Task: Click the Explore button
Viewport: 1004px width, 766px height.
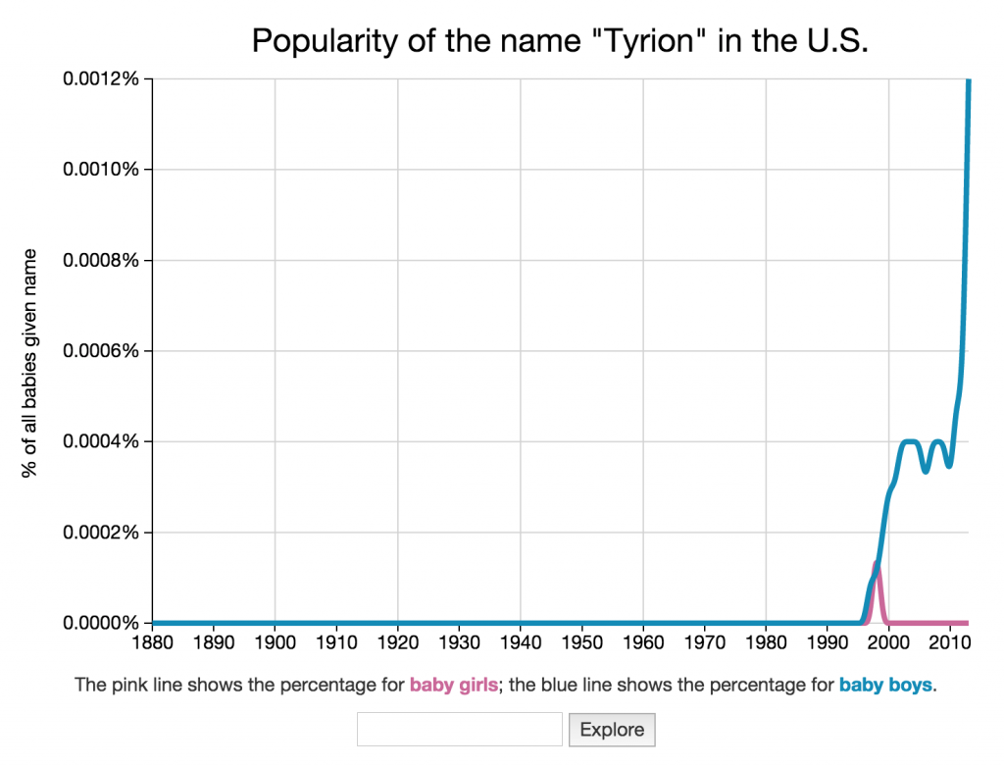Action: pos(612,730)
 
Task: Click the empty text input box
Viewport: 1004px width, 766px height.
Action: pos(460,730)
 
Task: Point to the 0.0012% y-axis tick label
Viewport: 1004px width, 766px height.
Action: pos(101,78)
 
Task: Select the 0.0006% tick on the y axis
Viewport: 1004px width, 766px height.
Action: pos(101,351)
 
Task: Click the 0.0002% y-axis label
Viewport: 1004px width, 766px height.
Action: pos(101,533)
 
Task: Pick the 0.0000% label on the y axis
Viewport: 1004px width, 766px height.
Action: pos(101,623)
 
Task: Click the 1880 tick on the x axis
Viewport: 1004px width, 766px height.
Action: pos(153,643)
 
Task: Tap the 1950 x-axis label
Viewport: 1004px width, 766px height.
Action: pos(582,643)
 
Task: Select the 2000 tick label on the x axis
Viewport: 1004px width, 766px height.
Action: pos(888,643)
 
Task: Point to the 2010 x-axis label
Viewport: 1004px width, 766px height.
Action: pos(949,643)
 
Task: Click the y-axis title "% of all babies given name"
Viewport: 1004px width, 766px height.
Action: pos(30,364)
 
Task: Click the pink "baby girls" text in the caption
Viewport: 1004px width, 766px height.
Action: pos(453,686)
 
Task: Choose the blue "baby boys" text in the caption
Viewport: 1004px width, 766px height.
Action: pos(885,686)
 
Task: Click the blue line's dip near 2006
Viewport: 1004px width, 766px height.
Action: pos(926,471)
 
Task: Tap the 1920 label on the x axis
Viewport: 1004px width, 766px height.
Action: pos(398,643)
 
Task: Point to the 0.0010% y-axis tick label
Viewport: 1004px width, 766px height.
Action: pos(101,170)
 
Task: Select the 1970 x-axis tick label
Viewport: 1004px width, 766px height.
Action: pos(704,643)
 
